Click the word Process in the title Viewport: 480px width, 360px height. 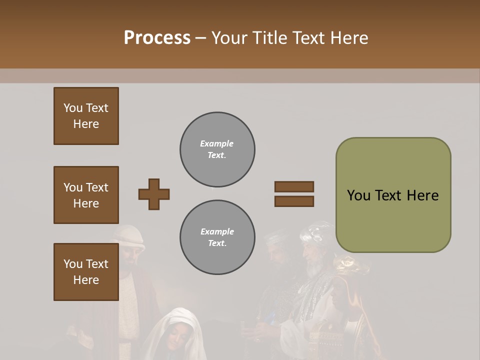click(157, 37)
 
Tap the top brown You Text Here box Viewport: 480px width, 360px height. click(86, 116)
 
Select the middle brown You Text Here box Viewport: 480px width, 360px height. click(86, 195)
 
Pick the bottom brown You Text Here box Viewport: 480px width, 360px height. click(86, 272)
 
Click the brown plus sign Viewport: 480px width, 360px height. click(154, 194)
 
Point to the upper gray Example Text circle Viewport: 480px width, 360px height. click(217, 149)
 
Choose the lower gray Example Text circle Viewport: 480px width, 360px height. click(217, 237)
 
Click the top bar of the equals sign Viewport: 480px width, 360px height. click(294, 187)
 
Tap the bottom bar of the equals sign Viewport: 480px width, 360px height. click(294, 201)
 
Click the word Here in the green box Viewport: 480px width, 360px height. click(422, 195)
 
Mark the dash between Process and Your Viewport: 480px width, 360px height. click(200, 38)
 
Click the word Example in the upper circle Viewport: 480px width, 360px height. click(217, 143)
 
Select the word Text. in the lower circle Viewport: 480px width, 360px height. click(217, 243)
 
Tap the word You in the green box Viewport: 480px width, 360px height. click(359, 195)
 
